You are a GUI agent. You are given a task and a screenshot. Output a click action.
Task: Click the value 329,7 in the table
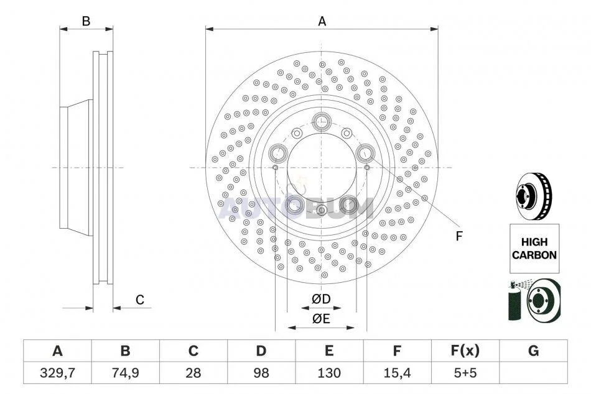[x=57, y=373]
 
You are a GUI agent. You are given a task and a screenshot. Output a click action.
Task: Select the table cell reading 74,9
[x=125, y=373]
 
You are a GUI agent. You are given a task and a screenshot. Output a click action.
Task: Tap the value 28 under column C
[x=193, y=373]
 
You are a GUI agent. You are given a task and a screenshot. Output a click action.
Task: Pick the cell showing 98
[x=261, y=373]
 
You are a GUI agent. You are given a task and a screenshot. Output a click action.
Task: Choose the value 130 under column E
[x=329, y=373]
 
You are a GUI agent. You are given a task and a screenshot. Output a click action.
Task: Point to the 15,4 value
[x=397, y=373]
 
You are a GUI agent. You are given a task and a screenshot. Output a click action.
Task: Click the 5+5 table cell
[x=465, y=373]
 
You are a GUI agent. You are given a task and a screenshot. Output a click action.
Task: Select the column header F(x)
[x=465, y=351]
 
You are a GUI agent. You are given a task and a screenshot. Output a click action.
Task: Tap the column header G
[x=533, y=351]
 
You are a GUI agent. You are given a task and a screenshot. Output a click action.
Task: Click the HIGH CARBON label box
[x=534, y=249]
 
